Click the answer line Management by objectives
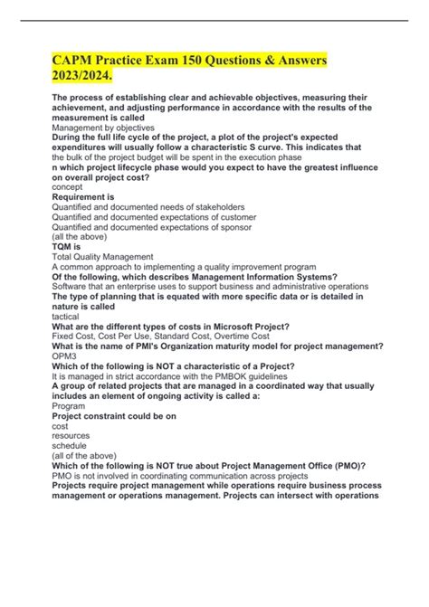tap(103, 128)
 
